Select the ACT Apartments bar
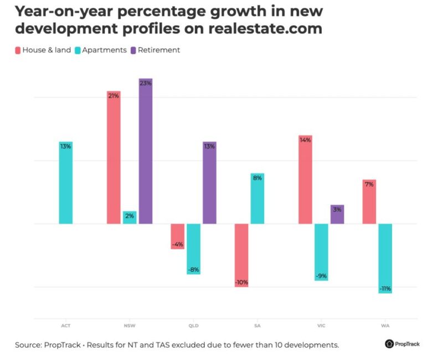[x=66, y=183]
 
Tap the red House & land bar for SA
[x=241, y=255]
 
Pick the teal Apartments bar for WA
[x=385, y=258]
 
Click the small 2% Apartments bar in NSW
[x=130, y=218]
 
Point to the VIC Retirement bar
[x=337, y=214]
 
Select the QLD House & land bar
[x=178, y=236]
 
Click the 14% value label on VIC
[x=305, y=140]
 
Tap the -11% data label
[x=385, y=289]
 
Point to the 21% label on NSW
[x=114, y=96]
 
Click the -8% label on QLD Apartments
[x=193, y=270]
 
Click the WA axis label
[x=385, y=326]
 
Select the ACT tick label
[x=66, y=326]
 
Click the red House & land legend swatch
[x=18, y=50]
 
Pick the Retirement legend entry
[x=158, y=50]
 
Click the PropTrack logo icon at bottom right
[x=389, y=344]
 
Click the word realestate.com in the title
[x=265, y=28]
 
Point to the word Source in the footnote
[x=29, y=345]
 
